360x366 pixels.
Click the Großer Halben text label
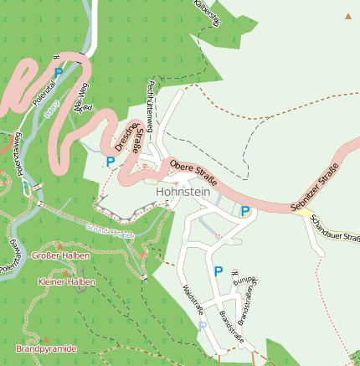(60, 255)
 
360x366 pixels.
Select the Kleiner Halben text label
(67, 282)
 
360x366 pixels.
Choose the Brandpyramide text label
(46, 348)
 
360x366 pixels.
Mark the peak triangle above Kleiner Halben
(67, 273)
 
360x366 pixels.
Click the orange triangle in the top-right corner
(348, 16)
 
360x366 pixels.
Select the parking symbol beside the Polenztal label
(58, 74)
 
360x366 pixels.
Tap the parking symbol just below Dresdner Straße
(110, 161)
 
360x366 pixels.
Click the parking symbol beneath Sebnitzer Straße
(244, 211)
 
